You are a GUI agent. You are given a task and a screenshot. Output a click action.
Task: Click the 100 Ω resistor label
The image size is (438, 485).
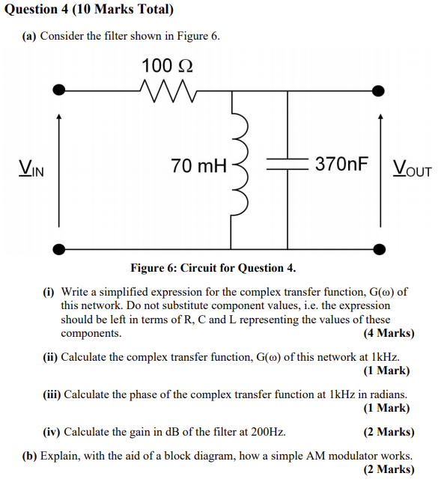[x=167, y=66]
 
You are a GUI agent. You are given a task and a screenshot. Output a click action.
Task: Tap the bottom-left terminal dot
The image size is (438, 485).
[x=59, y=248]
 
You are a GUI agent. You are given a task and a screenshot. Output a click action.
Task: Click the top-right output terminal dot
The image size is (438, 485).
[x=380, y=90]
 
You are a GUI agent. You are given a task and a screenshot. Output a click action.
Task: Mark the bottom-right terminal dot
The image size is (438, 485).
[x=380, y=248]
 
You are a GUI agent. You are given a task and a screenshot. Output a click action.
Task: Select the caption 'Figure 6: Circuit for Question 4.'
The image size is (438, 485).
[x=213, y=268]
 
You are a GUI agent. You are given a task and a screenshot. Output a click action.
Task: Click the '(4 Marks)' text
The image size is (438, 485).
[x=388, y=333]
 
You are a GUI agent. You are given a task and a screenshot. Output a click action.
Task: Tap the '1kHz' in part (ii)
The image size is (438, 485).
[x=385, y=357]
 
